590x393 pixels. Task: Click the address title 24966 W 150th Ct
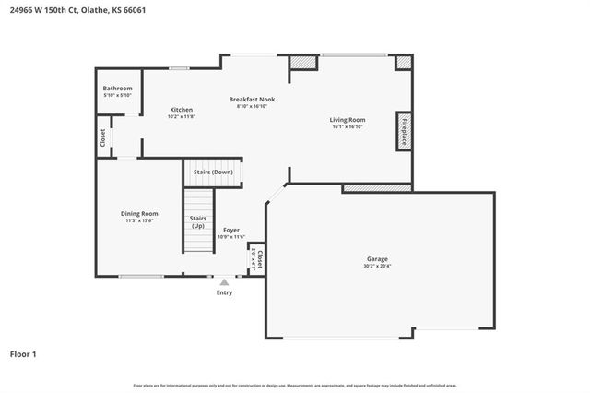[77, 10]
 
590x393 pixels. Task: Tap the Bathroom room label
[117, 89]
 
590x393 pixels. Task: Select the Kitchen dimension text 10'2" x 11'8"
[181, 116]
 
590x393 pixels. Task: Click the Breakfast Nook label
[252, 99]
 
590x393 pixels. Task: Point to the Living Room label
[348, 119]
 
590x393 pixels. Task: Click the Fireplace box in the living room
[403, 130]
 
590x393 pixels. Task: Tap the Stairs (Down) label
[212, 173]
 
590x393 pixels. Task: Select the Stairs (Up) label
[197, 221]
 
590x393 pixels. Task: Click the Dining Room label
[140, 213]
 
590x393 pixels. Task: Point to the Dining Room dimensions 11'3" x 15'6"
[140, 220]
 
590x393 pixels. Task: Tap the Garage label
[376, 259]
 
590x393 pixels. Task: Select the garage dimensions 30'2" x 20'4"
[376, 267]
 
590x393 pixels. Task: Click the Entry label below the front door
[224, 292]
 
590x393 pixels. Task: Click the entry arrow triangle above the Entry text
[224, 281]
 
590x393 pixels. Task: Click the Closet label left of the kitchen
[102, 137]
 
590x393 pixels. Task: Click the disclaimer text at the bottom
[295, 385]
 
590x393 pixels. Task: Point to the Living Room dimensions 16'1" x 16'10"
[348, 126]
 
